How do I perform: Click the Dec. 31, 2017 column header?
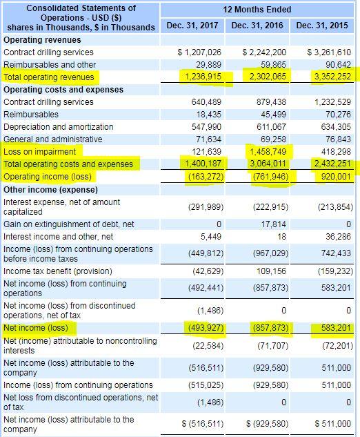[195, 26]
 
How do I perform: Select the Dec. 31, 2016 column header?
[259, 26]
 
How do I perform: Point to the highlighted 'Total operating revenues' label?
[49, 77]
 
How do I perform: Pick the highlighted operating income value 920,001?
[332, 176]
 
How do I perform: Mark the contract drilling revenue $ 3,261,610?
[328, 52]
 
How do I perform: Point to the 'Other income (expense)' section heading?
[47, 189]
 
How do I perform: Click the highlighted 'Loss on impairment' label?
[39, 151]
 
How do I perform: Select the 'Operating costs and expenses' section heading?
[63, 90]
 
